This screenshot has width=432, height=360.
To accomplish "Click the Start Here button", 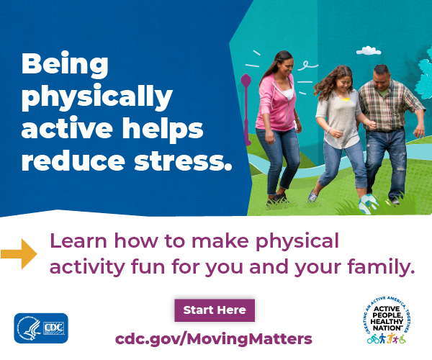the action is tap(215, 310).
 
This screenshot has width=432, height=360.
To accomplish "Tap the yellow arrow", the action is tap(19, 253).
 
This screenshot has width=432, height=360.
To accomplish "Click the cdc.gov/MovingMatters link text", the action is tap(214, 339).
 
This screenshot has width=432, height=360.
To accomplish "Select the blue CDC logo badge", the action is tap(41, 328).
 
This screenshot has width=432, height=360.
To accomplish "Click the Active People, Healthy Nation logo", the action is tap(387, 320).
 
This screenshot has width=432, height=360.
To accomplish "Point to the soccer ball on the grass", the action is tap(368, 204).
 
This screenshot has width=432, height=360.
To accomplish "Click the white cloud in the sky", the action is tap(369, 51).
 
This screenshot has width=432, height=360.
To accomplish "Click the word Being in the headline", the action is tap(65, 64).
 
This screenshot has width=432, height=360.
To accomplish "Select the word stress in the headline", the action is tap(183, 161).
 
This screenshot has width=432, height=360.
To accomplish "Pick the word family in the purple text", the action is tap(381, 267).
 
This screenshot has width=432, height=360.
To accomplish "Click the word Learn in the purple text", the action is tap(78, 241).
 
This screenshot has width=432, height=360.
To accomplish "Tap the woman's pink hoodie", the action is tap(276, 103).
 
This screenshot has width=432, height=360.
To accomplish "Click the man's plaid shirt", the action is tap(391, 107).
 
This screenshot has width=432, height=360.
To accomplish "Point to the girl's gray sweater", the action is tap(339, 117).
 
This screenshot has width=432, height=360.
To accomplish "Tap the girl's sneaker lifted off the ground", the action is tap(312, 196).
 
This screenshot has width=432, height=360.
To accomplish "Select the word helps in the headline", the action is tap(163, 129).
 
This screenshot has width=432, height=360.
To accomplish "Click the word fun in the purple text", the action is tap(148, 266).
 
